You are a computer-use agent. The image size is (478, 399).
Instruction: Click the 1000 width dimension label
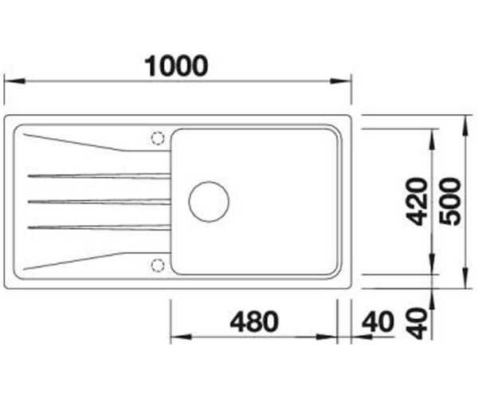176,66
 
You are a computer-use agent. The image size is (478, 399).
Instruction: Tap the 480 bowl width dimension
254,322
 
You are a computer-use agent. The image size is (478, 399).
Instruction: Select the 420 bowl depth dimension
417,202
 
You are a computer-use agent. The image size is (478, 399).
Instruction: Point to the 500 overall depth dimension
450,202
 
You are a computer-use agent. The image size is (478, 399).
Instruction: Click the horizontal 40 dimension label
378,322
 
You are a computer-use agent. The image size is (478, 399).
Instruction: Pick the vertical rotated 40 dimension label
417,324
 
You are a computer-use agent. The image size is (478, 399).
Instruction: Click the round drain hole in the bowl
209,201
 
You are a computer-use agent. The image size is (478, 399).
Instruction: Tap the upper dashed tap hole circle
158,138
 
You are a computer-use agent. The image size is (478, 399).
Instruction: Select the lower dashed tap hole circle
158,265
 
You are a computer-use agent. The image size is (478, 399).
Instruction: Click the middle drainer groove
99,201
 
